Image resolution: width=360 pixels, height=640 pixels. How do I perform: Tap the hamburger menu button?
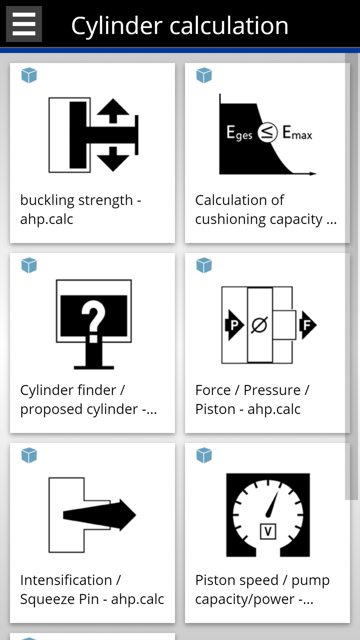[24, 24]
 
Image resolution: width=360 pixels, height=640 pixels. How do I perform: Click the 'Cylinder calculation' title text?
[180, 26]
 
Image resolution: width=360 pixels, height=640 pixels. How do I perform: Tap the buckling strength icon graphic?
[93, 135]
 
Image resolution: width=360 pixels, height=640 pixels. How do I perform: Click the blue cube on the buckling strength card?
[29, 75]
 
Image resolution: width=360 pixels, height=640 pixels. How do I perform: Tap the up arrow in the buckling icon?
[113, 110]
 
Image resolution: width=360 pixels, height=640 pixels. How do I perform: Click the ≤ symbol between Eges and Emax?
[267, 132]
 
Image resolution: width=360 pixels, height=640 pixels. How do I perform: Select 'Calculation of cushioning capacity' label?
[266, 209]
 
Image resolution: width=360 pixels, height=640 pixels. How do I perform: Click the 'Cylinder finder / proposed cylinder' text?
[88, 399]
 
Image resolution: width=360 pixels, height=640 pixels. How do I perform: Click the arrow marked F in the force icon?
[307, 325]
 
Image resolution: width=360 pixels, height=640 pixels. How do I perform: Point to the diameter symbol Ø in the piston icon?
[259, 325]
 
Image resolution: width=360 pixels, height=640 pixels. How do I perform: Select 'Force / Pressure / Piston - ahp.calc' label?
[252, 399]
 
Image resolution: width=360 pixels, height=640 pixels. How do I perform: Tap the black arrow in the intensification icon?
[100, 515]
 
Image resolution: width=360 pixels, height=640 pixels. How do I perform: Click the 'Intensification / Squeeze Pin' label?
[92, 589]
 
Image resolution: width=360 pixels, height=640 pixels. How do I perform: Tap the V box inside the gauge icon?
[268, 531]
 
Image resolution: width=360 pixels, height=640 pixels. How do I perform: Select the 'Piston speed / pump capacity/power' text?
[262, 589]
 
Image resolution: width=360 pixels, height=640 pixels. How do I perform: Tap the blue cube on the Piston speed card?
[204, 455]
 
